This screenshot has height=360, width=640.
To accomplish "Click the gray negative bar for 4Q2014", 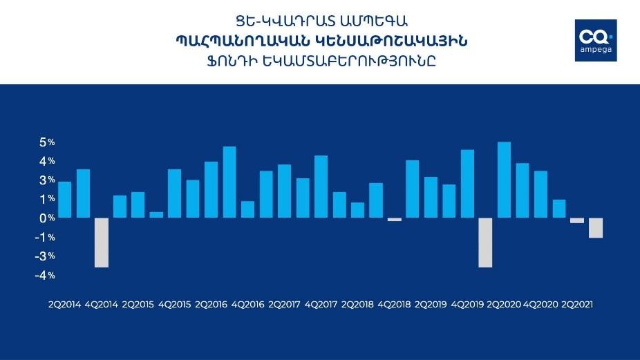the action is (x=102, y=243).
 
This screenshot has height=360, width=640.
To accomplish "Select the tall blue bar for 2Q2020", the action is (x=504, y=180).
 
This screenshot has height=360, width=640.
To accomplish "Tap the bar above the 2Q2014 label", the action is (x=64, y=200).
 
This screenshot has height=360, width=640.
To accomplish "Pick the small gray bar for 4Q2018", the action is (x=395, y=220).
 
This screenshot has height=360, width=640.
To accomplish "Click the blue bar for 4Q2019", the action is (x=468, y=184).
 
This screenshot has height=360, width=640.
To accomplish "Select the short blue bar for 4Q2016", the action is (x=247, y=209).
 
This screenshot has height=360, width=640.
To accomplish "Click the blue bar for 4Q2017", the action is (x=321, y=187).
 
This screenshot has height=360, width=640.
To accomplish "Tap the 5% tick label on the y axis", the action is (x=47, y=142).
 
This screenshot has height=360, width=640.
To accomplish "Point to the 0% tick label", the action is (x=47, y=218).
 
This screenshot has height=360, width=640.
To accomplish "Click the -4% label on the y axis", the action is (x=45, y=276).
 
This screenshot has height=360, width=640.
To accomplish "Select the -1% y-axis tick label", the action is (x=45, y=237).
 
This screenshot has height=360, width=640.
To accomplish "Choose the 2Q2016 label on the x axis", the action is (x=211, y=305).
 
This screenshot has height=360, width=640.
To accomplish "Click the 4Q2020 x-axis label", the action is (x=540, y=305).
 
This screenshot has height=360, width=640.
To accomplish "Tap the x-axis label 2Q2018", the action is (x=357, y=305).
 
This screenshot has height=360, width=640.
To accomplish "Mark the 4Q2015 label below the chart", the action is (x=174, y=305).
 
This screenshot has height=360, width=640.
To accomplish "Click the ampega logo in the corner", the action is (x=596, y=40).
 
